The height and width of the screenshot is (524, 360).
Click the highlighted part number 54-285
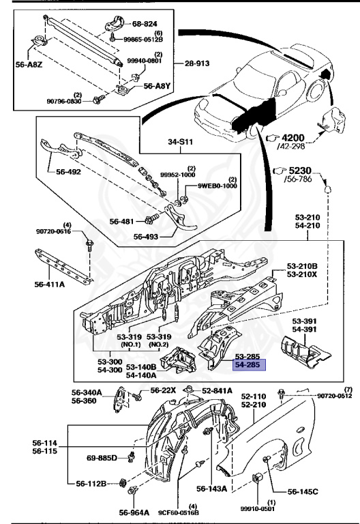247,365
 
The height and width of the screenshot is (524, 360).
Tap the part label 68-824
145,24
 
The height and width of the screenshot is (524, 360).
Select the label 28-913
197,63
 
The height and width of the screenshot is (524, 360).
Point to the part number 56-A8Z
29,65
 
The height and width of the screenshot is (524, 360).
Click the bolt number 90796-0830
64,100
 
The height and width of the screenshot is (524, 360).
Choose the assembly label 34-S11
180,142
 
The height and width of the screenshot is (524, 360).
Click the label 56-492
68,172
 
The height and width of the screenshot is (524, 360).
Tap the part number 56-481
122,221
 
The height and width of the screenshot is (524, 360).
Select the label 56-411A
49,285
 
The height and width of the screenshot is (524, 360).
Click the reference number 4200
293,138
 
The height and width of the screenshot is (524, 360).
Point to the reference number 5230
300,171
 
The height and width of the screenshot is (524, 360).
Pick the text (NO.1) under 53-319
131,345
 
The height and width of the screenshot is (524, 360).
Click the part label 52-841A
217,391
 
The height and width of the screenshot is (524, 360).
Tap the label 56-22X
163,390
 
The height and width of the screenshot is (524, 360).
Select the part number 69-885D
102,458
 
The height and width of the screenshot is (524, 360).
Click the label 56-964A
134,512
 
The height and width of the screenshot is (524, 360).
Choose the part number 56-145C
303,491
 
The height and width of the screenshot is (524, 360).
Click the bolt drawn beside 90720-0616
89,245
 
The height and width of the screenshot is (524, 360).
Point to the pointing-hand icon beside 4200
273,138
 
